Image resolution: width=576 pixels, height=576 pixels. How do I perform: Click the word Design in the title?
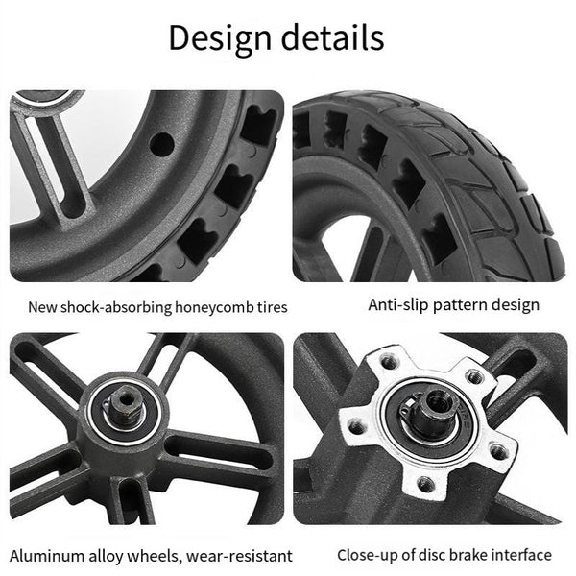tap(220, 38)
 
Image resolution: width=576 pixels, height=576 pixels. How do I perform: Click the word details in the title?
tap(333, 37)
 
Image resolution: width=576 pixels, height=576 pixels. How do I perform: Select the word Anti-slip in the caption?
tap(398, 304)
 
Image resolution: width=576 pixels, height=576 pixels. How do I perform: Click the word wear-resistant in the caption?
tap(239, 556)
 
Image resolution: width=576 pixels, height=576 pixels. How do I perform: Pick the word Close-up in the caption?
tap(368, 555)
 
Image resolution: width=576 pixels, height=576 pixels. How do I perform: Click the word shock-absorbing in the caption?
tap(116, 307)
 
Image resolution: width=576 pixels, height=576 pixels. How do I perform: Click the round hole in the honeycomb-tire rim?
tap(162, 144)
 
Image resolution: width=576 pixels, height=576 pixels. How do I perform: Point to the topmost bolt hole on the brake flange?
tap(390, 362)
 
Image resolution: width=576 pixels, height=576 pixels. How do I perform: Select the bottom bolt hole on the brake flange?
tap(426, 484)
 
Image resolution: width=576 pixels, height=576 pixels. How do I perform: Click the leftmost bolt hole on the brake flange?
tap(357, 427)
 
